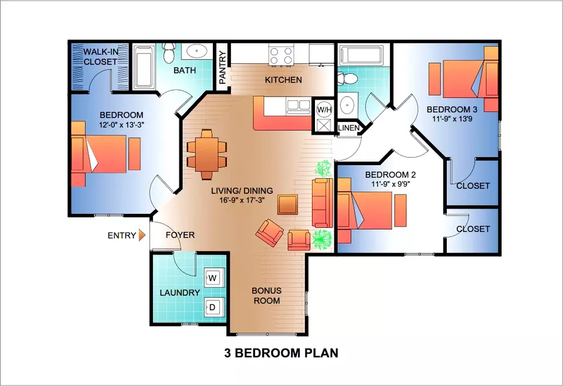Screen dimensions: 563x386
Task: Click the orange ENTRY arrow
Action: click(142, 235)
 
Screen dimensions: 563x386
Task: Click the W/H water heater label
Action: click(324, 110)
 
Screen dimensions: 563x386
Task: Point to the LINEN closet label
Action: click(348, 128)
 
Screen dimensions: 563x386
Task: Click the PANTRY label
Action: click(223, 67)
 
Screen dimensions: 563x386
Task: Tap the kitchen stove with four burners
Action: click(281, 56)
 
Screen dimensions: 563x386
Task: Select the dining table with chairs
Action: click(207, 154)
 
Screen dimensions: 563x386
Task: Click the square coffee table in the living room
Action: click(287, 204)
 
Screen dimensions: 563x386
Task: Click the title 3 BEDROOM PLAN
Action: click(281, 353)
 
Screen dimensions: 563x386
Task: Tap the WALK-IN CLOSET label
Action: click(100, 57)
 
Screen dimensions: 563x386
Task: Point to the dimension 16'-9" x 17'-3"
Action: click(242, 200)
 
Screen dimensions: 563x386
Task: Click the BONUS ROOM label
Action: click(266, 296)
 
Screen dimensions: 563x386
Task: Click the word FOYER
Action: click(180, 235)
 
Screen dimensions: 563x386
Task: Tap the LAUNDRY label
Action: click(179, 293)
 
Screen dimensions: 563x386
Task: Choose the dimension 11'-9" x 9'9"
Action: click(391, 185)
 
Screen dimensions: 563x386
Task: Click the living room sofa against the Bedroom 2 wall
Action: click(323, 203)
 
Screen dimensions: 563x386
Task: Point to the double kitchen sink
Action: click(299, 106)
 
